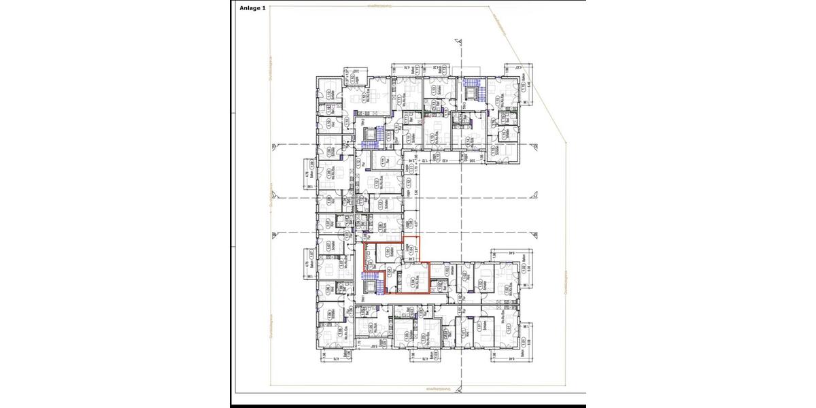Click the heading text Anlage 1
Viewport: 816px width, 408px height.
(x=252, y=8)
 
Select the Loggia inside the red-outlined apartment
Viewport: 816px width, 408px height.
(x=410, y=250)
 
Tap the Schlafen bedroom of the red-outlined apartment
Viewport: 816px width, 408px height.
(x=388, y=252)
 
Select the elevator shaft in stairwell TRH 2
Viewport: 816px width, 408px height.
(x=371, y=133)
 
